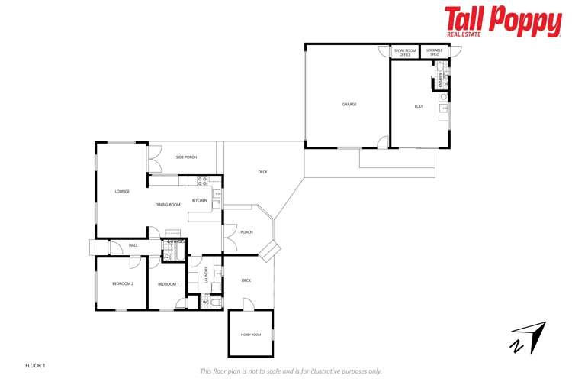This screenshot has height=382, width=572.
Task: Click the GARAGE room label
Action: tap(349, 105)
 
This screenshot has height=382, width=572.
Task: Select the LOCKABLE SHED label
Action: tap(435, 53)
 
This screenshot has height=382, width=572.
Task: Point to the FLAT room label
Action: tap(419, 107)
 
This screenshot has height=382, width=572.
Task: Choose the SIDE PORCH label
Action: tap(186, 157)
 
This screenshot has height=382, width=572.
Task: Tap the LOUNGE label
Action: tap(122, 192)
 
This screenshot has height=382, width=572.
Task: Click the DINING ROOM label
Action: tap(168, 204)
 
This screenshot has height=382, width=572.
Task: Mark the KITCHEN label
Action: tap(200, 200)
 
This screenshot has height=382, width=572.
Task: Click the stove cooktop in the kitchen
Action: tap(203, 181)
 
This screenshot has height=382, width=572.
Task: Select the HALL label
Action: tap(133, 245)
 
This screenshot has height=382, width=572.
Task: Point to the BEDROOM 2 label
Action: tap(123, 284)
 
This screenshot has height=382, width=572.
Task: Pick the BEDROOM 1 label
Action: tap(169, 284)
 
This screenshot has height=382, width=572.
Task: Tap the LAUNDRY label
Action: tap(207, 274)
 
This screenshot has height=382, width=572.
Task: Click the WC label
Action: tap(206, 303)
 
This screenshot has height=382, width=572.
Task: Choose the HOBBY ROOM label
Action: tap(251, 335)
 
